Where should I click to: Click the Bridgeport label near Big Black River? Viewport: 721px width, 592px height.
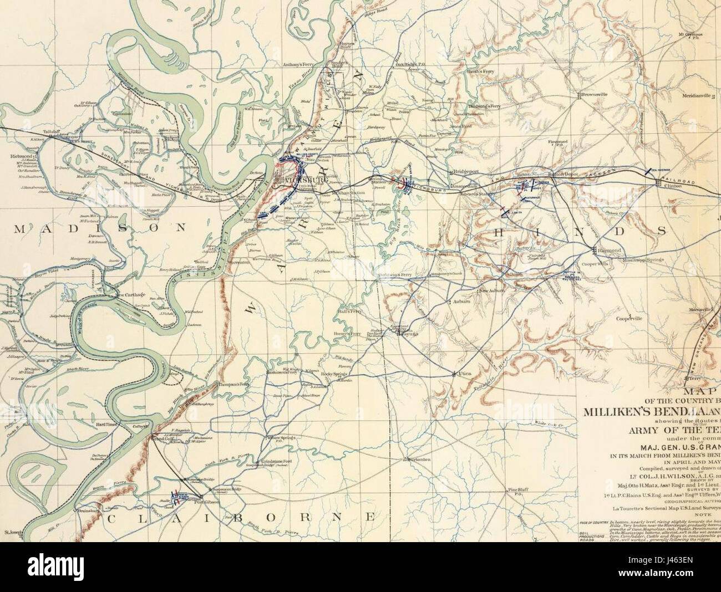click(x=466, y=172)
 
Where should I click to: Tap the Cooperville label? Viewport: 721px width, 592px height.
click(x=628, y=319)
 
